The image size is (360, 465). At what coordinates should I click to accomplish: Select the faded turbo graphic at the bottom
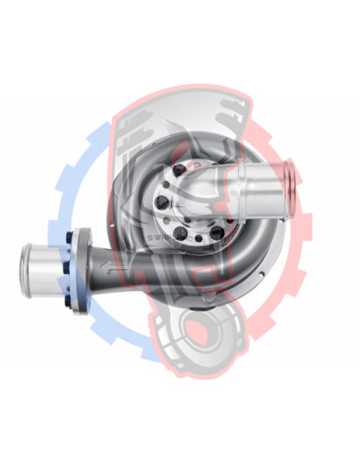coord(203,336)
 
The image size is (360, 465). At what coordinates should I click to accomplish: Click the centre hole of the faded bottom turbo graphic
coord(203,333)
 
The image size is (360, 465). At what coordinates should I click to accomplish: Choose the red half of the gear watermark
coord(293,236)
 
